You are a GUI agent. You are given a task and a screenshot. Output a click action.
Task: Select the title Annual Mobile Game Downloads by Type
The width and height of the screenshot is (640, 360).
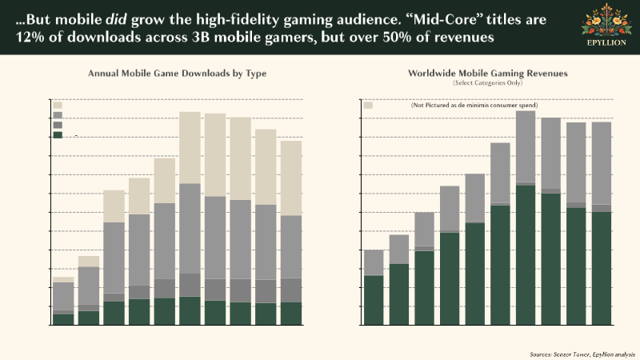point(177,74)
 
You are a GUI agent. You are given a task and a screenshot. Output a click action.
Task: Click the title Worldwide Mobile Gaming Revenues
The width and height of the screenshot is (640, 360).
point(487,73)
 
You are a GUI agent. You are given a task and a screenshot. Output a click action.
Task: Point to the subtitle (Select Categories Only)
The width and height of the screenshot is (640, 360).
point(487,83)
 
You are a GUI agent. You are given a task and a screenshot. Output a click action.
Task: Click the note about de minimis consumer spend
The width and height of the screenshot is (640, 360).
point(474,106)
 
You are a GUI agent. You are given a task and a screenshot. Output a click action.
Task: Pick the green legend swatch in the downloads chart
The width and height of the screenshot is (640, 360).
point(58,134)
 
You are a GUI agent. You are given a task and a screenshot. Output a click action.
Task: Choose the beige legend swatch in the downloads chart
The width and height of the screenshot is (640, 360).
point(58,106)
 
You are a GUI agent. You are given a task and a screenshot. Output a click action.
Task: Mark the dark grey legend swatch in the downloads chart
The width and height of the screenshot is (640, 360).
point(58,125)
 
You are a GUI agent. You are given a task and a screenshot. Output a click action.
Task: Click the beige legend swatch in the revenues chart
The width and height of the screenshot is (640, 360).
point(369,106)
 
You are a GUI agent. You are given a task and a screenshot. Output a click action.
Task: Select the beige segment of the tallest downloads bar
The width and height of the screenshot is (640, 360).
point(190,148)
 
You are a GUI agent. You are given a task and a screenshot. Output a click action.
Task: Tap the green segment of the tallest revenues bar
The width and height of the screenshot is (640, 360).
point(525,256)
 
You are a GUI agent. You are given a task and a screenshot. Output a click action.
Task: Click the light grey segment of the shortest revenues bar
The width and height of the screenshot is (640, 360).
point(374,262)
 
